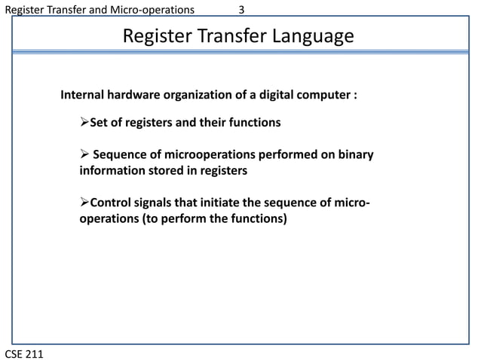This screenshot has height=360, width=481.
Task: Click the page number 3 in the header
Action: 241,10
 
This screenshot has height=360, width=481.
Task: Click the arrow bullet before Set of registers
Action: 84,122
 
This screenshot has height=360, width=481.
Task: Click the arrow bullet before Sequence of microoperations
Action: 84,155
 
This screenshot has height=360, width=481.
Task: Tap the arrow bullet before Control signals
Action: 84,206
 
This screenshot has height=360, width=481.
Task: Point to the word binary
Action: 354,155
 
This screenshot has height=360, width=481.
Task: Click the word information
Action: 112,171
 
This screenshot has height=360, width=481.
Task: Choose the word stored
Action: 168,171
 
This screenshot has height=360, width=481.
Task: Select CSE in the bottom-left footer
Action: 14,352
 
